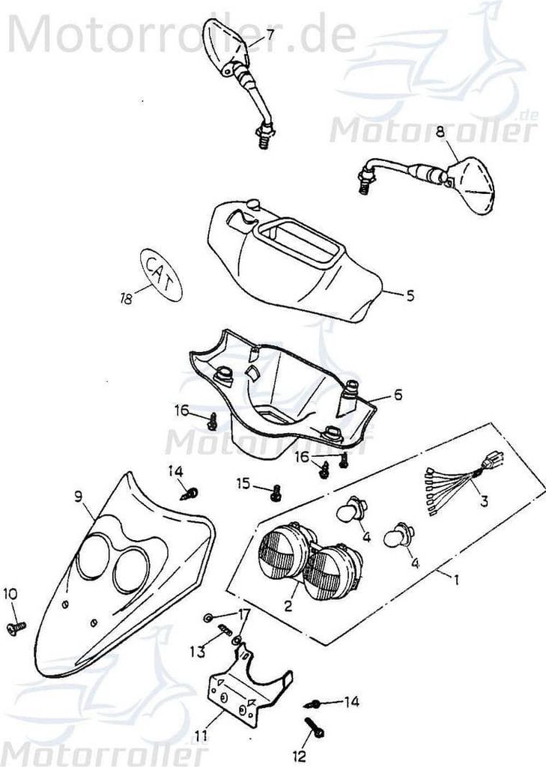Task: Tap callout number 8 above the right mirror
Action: point(440,132)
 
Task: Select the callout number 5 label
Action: point(410,295)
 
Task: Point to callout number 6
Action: point(398,393)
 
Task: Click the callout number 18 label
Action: point(126,297)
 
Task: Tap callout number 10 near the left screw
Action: point(10,594)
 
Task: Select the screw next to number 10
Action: point(15,625)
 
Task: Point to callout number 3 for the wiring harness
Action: point(484,502)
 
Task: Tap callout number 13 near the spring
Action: point(197,652)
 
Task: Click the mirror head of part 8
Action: point(473,183)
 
